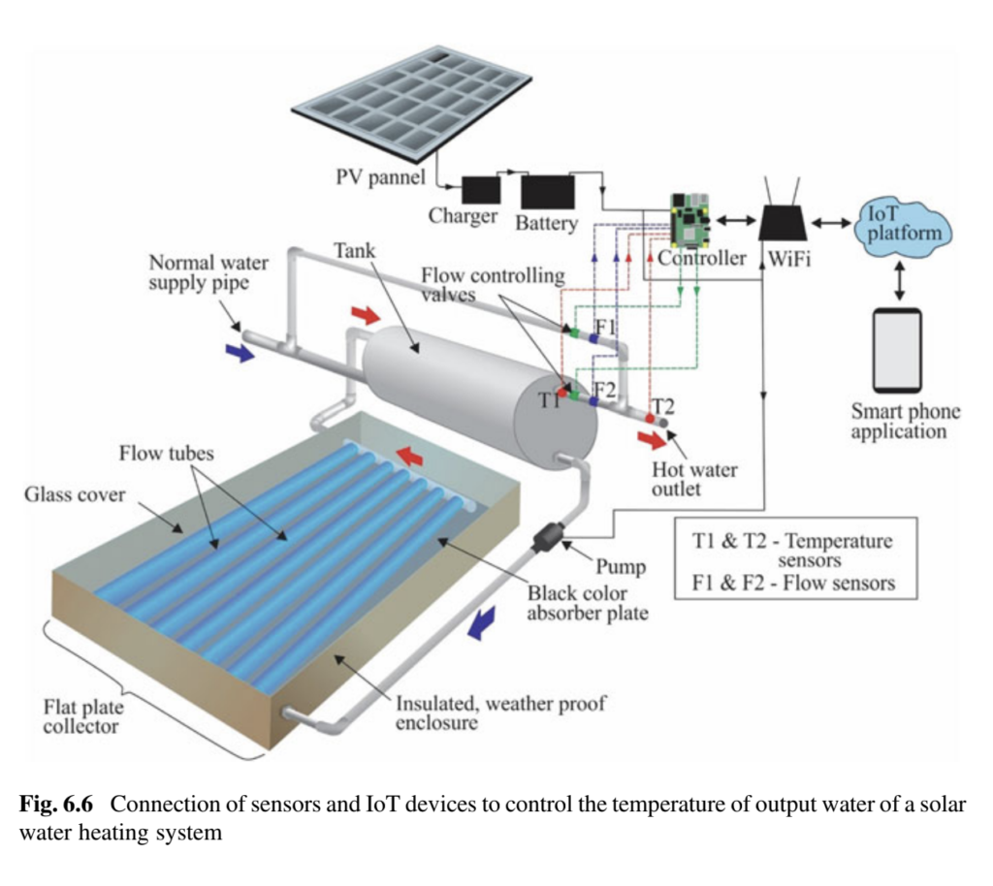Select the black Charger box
480,189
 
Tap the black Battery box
548,192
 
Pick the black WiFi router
782,222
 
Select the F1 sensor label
606,327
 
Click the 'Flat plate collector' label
82,716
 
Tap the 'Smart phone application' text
906,421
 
